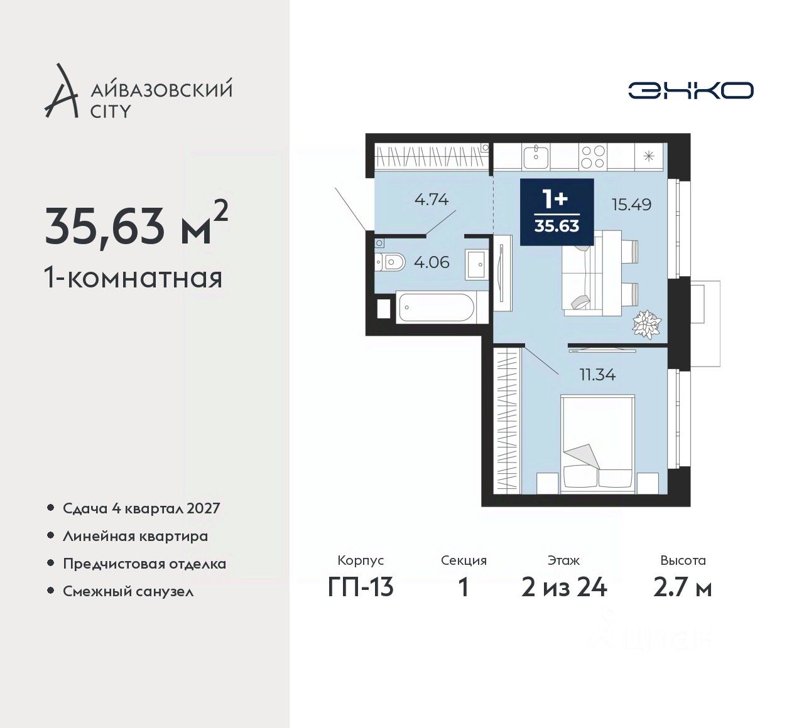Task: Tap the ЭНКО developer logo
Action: tap(690, 90)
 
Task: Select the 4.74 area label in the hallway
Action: tap(432, 199)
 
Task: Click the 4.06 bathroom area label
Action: tap(432, 262)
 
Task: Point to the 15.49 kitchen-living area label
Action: tap(632, 205)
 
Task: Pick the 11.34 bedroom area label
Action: tap(597, 375)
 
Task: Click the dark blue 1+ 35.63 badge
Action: tap(557, 212)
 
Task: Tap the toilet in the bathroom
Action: tap(390, 263)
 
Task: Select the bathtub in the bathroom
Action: tap(437, 307)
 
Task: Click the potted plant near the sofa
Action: tap(646, 324)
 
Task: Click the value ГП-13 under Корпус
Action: tap(361, 588)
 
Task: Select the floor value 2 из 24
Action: tap(564, 588)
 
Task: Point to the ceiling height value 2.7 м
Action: tap(683, 588)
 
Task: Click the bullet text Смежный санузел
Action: tap(128, 591)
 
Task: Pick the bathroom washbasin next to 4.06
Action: tap(477, 264)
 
